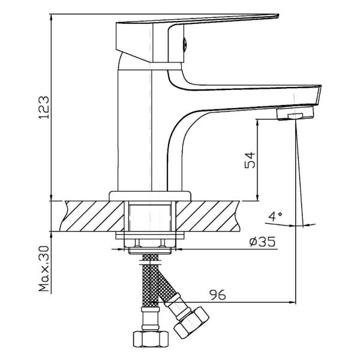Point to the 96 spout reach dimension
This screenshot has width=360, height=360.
pos(218,295)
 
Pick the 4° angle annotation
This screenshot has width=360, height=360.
pos(275,215)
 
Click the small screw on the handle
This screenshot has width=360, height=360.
pos(185,44)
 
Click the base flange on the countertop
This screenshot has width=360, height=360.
pos(150,195)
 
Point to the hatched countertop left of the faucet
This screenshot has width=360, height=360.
pos(90,215)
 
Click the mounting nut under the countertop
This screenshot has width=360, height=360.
pos(150,244)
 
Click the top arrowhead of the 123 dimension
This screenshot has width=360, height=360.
pos(52,14)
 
